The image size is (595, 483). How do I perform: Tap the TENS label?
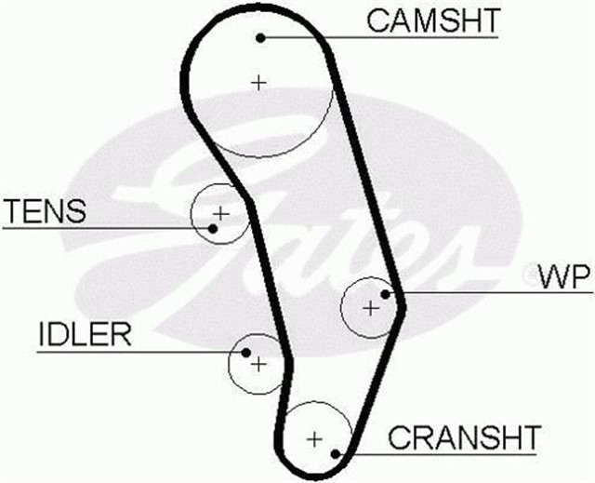pyautogui.click(x=44, y=211)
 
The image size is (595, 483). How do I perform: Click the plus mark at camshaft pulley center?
pyautogui.click(x=258, y=82)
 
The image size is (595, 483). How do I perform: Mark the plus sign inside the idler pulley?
pyautogui.click(x=258, y=363)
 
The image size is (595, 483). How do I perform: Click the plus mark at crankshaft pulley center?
pyautogui.click(x=315, y=437)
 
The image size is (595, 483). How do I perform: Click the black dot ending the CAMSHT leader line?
pyautogui.click(x=261, y=37)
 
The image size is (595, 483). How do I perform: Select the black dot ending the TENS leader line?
pyautogui.click(x=213, y=227)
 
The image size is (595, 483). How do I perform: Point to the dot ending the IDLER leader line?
pyautogui.click(x=245, y=353)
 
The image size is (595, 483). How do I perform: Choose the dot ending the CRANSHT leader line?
pyautogui.click(x=336, y=454)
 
